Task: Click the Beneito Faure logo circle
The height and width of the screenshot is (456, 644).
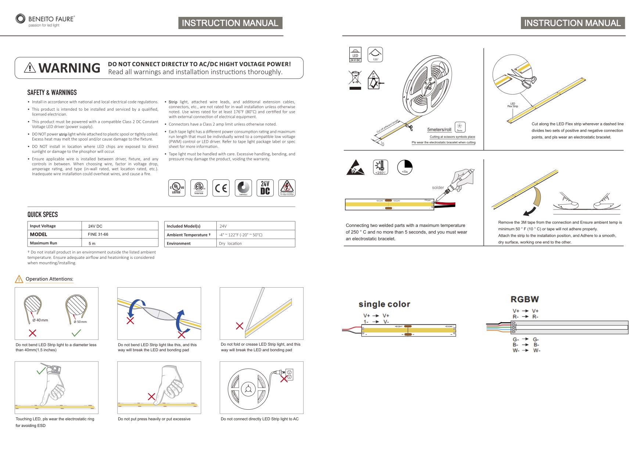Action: [21, 19]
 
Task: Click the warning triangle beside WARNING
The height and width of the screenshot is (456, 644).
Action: [30, 68]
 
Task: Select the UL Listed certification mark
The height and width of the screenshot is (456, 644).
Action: [177, 188]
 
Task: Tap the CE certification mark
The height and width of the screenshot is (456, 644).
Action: [221, 188]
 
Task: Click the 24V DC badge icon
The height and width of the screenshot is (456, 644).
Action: [265, 188]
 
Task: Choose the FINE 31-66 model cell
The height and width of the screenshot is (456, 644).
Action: [98, 234]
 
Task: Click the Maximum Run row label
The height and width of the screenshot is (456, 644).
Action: [43, 243]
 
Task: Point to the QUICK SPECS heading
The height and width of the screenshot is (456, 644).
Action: [43, 214]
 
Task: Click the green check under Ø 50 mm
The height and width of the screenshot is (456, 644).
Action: [76, 333]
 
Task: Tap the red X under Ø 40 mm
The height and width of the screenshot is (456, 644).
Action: [33, 333]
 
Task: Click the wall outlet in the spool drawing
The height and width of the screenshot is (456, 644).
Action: [289, 374]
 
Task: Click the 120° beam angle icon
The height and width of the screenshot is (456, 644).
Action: [375, 54]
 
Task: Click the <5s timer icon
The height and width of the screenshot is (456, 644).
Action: [405, 167]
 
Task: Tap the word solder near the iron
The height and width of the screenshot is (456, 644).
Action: [438, 188]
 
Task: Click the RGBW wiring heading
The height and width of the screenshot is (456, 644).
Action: [525, 299]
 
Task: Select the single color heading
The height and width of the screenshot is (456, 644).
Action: [384, 304]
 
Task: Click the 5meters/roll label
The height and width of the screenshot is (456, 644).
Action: [439, 129]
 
